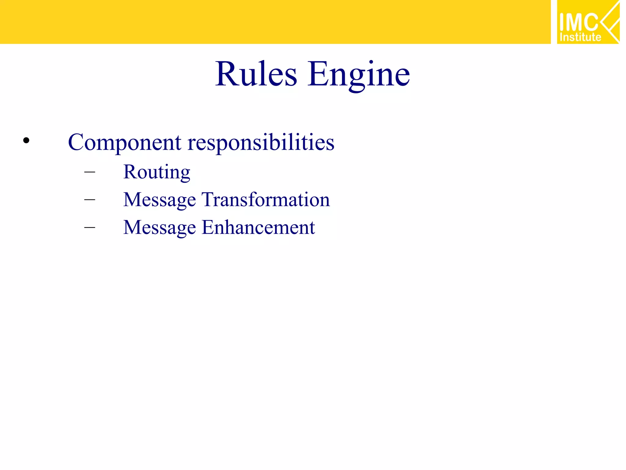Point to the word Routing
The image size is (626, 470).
click(156, 172)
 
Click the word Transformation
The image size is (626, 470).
click(266, 200)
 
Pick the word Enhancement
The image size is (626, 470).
click(258, 227)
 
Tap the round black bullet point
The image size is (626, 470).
click(26, 140)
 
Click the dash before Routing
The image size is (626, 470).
click(90, 172)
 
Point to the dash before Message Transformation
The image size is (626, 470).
click(90, 200)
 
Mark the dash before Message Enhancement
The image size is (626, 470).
click(90, 227)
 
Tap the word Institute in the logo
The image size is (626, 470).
click(580, 37)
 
